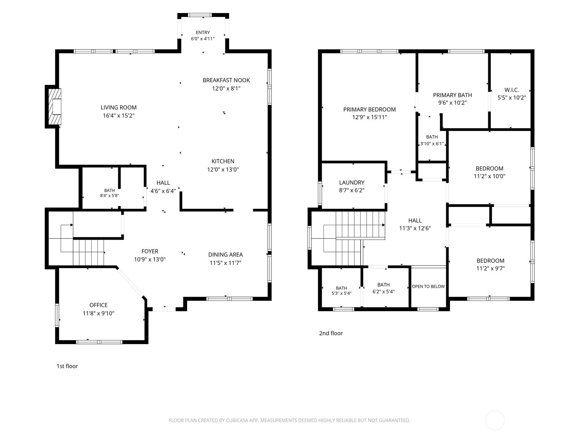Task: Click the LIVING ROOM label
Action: click(x=118, y=108)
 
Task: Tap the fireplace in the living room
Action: click(x=55, y=107)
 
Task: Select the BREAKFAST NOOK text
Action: click(x=226, y=80)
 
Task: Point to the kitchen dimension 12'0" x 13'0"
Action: click(x=223, y=170)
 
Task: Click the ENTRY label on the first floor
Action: click(x=203, y=33)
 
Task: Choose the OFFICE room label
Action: click(x=98, y=305)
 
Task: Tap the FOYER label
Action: click(x=150, y=251)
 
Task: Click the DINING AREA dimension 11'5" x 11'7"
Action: click(x=225, y=263)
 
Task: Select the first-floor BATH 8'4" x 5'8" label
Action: click(x=110, y=193)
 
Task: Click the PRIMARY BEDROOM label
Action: click(x=369, y=109)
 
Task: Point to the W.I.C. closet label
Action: click(x=512, y=90)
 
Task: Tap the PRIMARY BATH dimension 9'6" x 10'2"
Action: click(x=452, y=103)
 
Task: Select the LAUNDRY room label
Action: click(x=352, y=182)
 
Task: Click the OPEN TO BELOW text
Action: click(x=428, y=287)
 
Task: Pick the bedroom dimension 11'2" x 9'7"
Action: click(x=490, y=269)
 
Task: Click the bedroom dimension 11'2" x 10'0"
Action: click(x=489, y=176)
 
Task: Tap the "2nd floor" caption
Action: click(x=331, y=333)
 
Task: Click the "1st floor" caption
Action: click(x=67, y=366)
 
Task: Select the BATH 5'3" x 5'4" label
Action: click(x=341, y=290)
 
